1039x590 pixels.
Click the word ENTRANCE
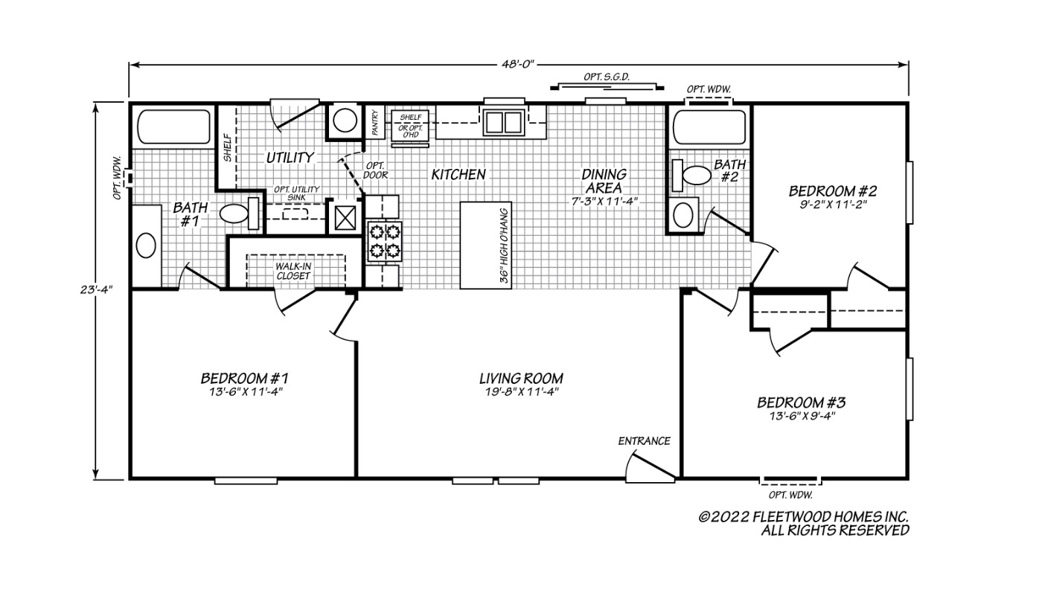(x=644, y=440)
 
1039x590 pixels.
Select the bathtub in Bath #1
(x=173, y=127)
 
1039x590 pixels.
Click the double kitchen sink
(x=503, y=121)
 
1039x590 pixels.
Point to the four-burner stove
(x=383, y=241)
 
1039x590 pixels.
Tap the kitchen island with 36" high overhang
(x=485, y=245)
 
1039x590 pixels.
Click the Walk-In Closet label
(x=293, y=270)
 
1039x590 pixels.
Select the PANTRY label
(x=376, y=123)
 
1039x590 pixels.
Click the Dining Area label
(x=604, y=181)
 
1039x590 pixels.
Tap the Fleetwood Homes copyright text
(x=803, y=523)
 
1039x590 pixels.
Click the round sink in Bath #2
(x=683, y=216)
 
